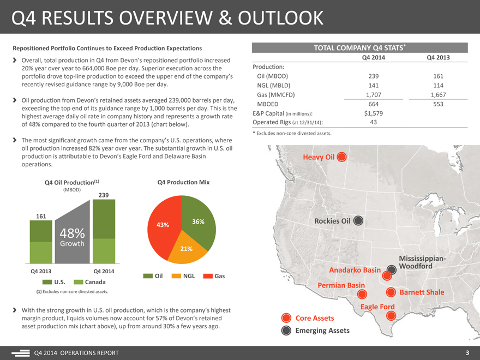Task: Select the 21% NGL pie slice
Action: tap(187, 249)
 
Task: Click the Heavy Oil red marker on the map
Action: tap(341, 158)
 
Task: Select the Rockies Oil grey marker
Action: tap(358, 221)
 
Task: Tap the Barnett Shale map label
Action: tap(422, 292)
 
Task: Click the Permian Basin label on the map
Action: tap(341, 285)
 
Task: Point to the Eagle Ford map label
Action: tap(377, 307)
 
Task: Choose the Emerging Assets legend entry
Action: tap(322, 331)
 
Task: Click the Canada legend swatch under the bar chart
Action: tap(79, 282)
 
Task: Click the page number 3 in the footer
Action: tap(467, 352)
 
